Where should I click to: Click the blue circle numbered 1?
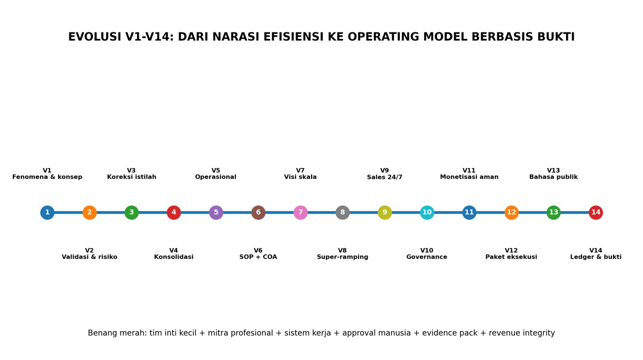coord(47,213)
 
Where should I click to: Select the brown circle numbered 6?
coord(258,213)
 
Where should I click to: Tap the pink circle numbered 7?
coord(300,213)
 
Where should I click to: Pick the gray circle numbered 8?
coord(343,213)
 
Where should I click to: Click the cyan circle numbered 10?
coord(427,213)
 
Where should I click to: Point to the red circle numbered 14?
coord(596,213)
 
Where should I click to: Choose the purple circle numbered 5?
coord(216,213)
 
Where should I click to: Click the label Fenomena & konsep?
coord(47,177)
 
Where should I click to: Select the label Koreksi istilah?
coord(132,177)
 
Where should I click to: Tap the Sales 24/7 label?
coord(385,177)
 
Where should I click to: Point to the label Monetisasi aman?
coord(470,177)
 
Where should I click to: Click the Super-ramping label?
coord(343,257)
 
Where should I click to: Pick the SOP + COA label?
coord(258,257)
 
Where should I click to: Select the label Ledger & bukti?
coord(596,257)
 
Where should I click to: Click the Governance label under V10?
coord(427,257)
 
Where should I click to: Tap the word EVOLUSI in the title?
coord(95,37)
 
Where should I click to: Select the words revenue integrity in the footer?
coord(522,333)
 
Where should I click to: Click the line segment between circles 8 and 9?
coord(364,213)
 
